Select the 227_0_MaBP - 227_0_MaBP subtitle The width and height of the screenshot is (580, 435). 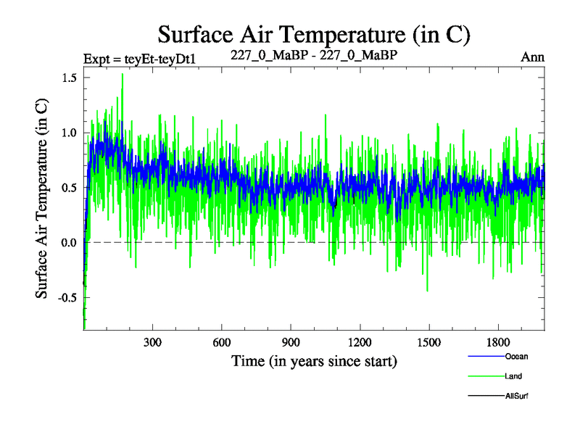(314, 55)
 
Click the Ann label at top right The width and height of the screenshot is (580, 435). (532, 57)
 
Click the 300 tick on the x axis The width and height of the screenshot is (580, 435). (153, 342)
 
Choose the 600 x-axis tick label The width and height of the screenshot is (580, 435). (222, 342)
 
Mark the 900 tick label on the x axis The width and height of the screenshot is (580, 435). (291, 342)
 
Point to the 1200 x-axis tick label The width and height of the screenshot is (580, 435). (360, 342)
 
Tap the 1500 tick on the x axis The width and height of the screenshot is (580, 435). (429, 342)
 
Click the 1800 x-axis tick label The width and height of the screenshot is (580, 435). (498, 342)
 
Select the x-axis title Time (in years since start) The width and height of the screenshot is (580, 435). (314, 360)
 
